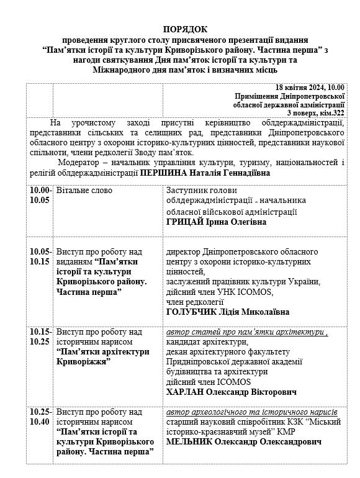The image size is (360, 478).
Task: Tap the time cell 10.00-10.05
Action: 41,195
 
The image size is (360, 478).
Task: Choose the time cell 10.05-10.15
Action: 41,256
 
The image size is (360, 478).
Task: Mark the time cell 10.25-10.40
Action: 41,417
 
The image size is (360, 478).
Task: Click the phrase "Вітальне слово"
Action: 83,191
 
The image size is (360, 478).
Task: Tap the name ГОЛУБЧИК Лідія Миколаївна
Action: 228,312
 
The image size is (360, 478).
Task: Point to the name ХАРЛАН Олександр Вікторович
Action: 232,392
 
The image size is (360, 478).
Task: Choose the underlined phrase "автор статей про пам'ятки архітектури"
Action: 246,332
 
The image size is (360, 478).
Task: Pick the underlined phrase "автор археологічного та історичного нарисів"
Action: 252,412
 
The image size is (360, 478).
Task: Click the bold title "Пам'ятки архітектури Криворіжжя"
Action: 102,356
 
